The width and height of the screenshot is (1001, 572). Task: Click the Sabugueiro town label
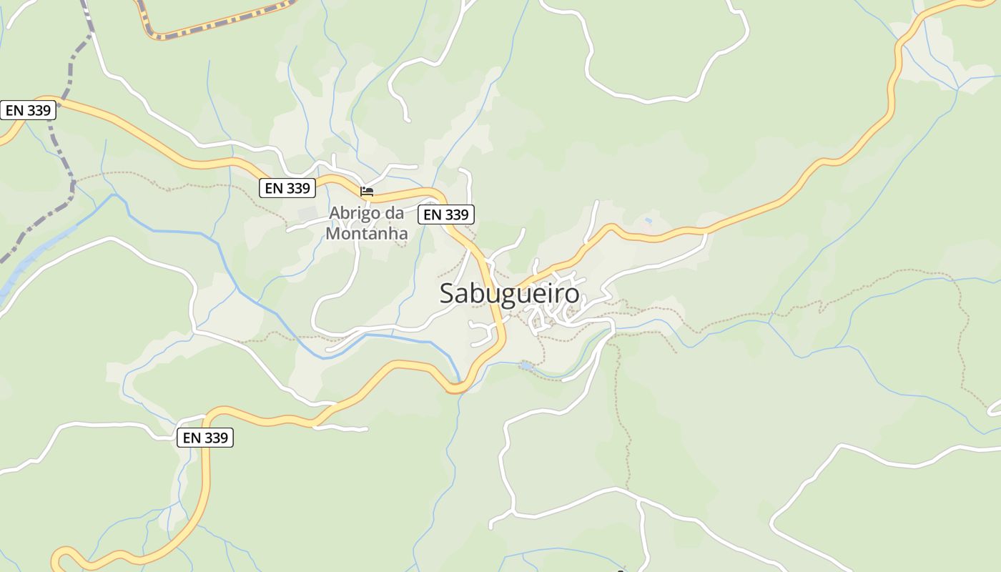509,294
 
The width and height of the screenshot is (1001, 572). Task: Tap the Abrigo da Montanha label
367,223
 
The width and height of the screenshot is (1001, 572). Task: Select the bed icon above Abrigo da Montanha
367,191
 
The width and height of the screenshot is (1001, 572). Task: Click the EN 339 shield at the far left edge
28,110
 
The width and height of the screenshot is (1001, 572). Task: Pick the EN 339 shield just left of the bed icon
287,188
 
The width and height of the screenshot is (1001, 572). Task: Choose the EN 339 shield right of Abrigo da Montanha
446,214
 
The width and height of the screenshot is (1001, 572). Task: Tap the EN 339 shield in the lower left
205,438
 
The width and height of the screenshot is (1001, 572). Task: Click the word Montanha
367,234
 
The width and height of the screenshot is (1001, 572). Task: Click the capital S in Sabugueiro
447,294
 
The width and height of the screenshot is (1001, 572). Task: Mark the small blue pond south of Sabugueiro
526,366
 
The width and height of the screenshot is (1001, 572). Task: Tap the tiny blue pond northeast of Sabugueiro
648,221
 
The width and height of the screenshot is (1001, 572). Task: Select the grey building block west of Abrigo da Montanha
307,214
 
